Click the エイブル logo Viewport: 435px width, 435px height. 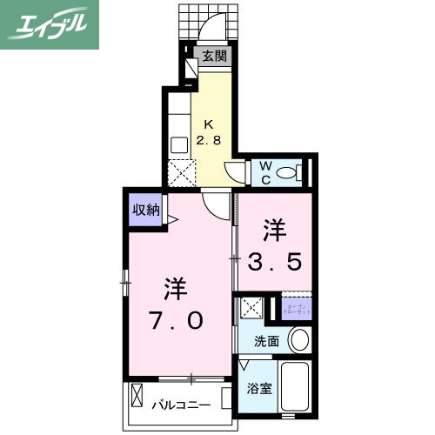click(x=50, y=23)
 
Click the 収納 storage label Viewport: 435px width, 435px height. click(x=145, y=209)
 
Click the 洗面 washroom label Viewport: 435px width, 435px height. click(x=267, y=341)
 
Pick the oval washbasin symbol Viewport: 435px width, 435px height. click(x=298, y=340)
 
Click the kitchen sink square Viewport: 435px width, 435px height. click(x=180, y=144)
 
